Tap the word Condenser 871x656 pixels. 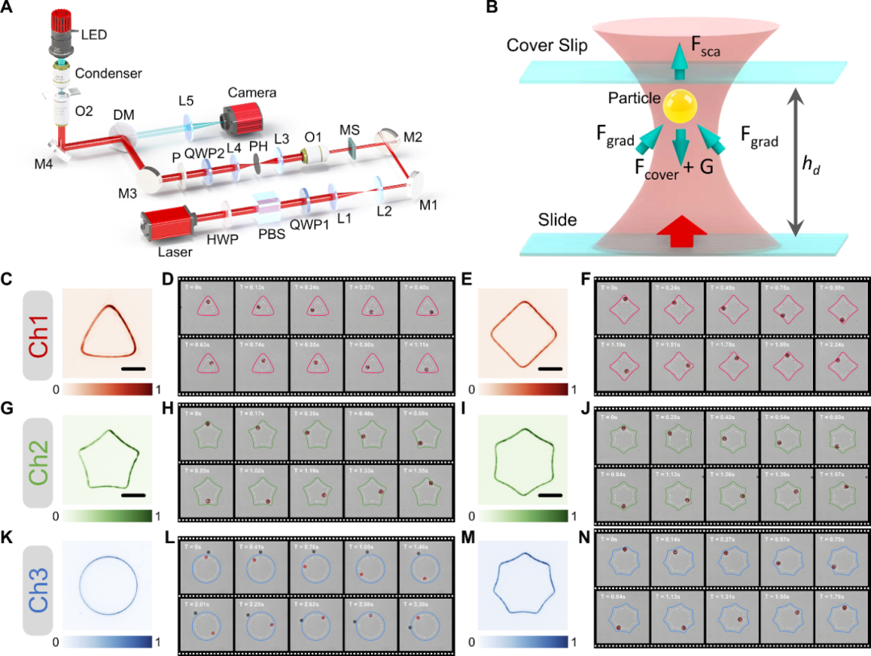[108, 73]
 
